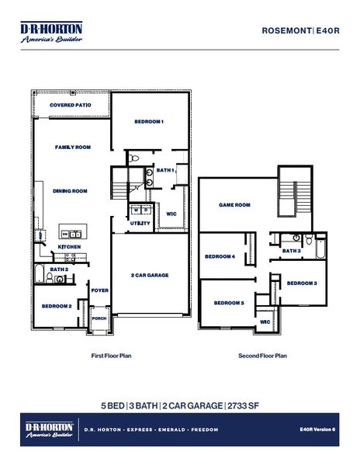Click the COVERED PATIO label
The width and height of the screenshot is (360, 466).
click(x=71, y=105)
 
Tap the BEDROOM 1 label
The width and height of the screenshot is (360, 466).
click(x=149, y=122)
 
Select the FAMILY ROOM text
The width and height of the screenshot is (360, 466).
click(x=73, y=147)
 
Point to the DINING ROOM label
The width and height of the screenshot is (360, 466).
click(x=70, y=190)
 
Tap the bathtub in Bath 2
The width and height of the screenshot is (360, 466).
click(x=39, y=274)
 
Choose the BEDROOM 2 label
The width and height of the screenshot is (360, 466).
click(x=57, y=306)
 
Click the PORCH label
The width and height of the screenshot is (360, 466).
click(x=99, y=318)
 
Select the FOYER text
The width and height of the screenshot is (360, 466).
click(x=99, y=290)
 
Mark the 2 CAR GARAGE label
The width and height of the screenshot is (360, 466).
click(x=150, y=275)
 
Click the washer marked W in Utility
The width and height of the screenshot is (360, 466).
click(x=135, y=210)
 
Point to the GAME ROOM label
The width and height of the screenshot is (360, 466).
click(x=234, y=205)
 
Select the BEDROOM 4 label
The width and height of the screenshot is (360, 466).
click(x=220, y=256)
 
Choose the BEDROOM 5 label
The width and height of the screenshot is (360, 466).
click(x=229, y=302)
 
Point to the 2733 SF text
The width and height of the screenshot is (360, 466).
click(x=242, y=405)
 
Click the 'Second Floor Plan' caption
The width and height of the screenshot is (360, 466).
click(x=262, y=356)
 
